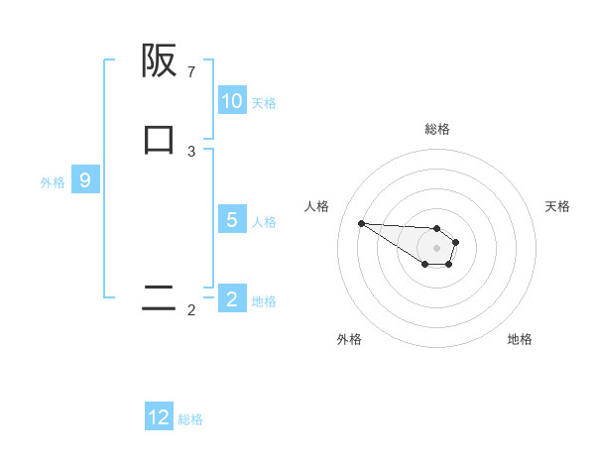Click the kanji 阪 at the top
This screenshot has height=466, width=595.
[x=160, y=61]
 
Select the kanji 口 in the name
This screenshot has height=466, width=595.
[x=160, y=139]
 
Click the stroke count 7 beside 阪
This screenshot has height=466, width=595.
[x=191, y=72]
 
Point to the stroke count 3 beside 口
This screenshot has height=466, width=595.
[x=191, y=151]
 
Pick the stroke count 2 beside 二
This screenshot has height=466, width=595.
[x=191, y=310]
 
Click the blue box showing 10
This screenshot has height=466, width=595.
[x=232, y=101]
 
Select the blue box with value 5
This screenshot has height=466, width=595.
[x=232, y=220]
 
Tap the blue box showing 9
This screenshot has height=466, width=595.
[x=85, y=180]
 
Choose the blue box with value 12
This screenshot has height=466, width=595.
[x=159, y=417]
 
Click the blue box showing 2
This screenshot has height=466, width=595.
[x=232, y=299]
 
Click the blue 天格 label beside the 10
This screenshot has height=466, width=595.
[x=264, y=102]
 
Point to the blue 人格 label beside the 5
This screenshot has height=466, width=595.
[x=264, y=221]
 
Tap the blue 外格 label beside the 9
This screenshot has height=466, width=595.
[x=53, y=181]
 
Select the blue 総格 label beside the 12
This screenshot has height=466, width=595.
[x=190, y=418]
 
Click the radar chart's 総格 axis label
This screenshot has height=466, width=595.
[x=437, y=129]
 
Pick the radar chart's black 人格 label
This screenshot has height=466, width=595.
[x=316, y=206]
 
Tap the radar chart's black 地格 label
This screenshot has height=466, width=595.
[x=520, y=339]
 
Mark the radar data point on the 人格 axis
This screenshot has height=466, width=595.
[x=361, y=223]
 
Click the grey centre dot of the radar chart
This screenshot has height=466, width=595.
[x=436, y=248]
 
